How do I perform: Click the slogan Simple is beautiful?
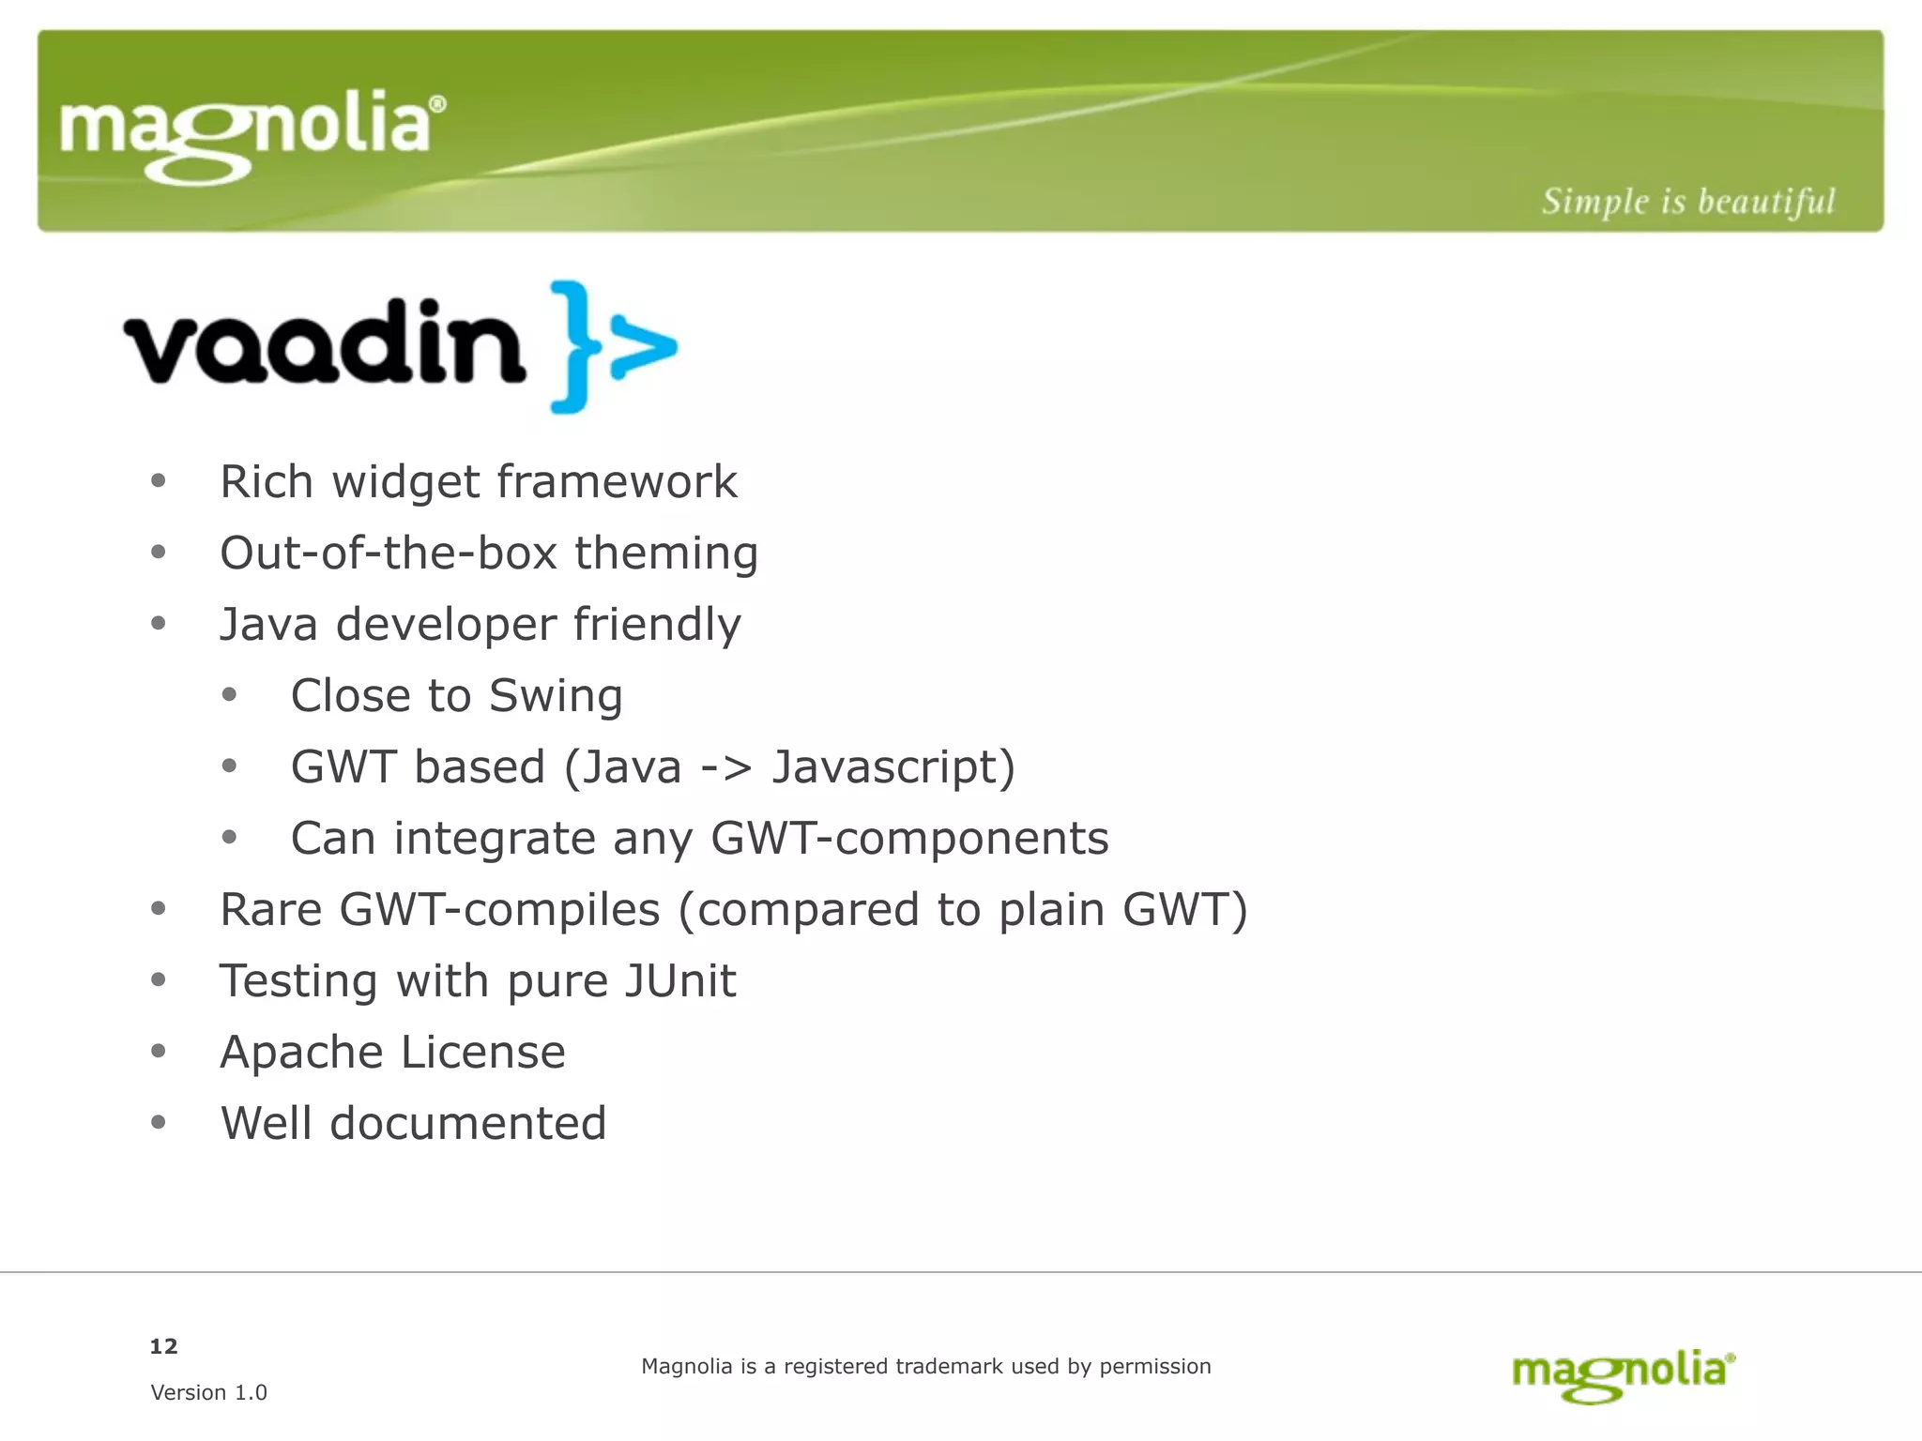(x=1687, y=202)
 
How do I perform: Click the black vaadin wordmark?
(x=324, y=343)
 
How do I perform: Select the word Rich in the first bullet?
(x=267, y=482)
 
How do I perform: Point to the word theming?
(x=666, y=554)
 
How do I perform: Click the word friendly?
(x=657, y=625)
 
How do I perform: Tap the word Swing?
(x=556, y=696)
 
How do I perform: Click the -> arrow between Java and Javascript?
(x=726, y=768)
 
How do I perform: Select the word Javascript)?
(x=893, y=767)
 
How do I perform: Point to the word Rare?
(x=270, y=910)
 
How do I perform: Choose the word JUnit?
(x=680, y=981)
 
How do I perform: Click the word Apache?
(x=301, y=1053)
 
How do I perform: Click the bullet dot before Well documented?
(x=159, y=1122)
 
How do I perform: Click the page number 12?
(x=163, y=1346)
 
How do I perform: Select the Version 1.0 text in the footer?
(x=208, y=1392)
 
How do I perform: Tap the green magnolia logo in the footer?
(x=1624, y=1374)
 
